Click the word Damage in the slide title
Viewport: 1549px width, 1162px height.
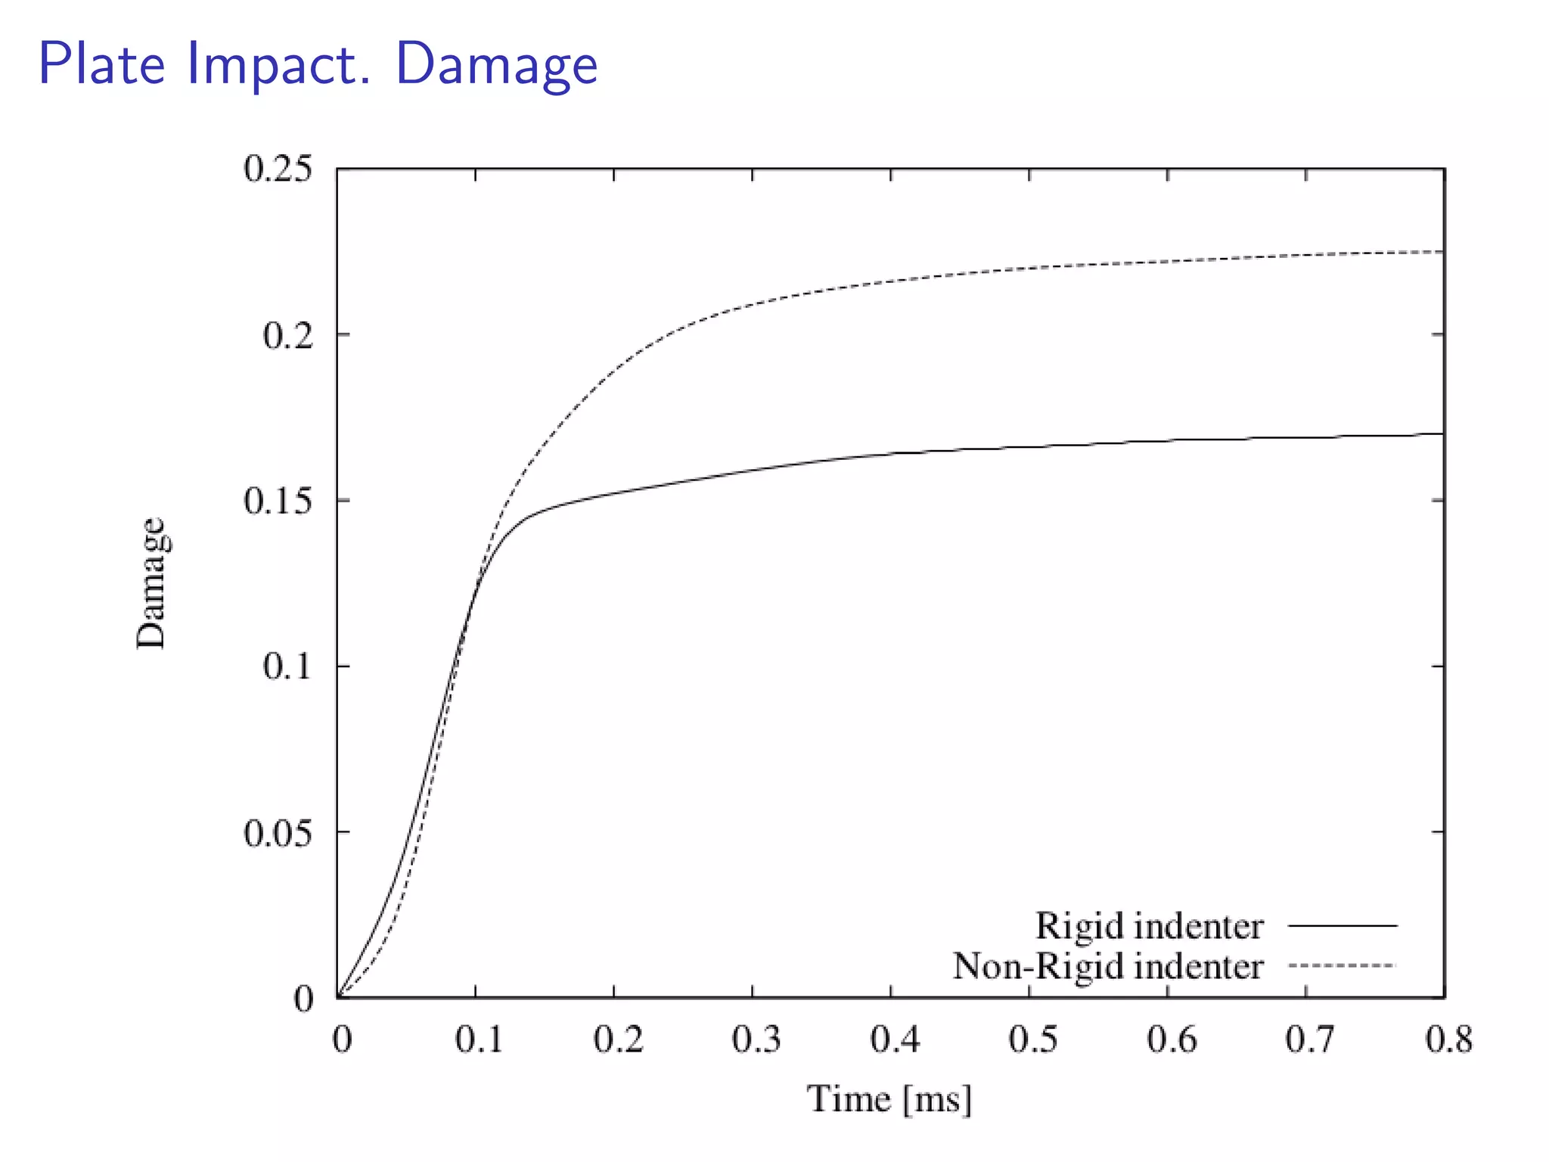pos(496,65)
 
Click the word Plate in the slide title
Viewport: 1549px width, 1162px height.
pos(101,64)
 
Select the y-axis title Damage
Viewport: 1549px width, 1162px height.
pos(151,583)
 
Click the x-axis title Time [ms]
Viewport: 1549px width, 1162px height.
pos(889,1099)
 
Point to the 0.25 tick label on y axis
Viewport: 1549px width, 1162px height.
pos(278,169)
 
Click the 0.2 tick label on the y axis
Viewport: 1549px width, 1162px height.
pos(288,335)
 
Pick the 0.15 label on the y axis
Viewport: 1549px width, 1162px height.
pos(278,501)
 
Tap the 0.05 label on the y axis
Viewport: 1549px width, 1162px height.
pos(278,833)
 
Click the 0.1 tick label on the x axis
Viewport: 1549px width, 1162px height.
pos(479,1040)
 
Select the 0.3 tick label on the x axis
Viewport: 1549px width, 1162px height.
pos(756,1040)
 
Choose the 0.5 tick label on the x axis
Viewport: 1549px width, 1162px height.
pos(1032,1040)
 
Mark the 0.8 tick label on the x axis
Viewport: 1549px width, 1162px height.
pos(1448,1040)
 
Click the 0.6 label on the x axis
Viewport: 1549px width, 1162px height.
pos(1171,1040)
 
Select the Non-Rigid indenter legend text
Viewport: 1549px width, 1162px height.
pos(1107,967)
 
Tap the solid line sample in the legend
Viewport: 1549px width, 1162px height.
pos(1343,925)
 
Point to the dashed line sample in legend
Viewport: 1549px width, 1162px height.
pos(1343,965)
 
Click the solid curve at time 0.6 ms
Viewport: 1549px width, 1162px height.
pos(1168,440)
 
